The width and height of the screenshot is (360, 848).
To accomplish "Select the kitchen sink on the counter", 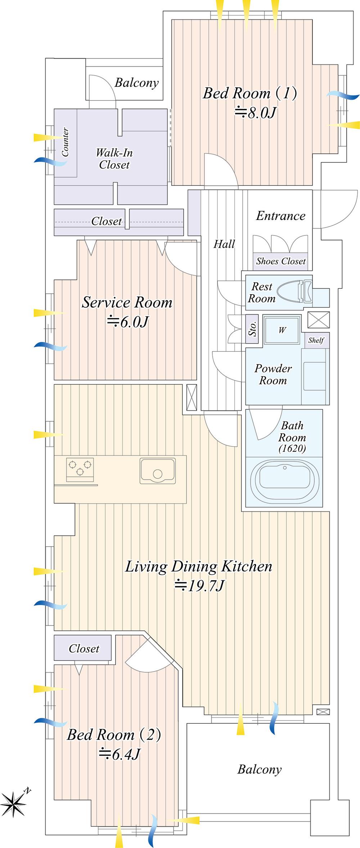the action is (x=158, y=471).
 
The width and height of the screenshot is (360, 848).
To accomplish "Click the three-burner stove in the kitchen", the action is (x=80, y=470).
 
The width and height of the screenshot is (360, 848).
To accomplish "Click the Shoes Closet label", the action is (x=281, y=261).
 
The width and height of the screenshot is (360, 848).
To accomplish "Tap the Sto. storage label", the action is (x=253, y=329).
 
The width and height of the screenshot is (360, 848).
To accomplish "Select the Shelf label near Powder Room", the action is (x=316, y=340).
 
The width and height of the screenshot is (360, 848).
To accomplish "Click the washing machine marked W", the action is (x=282, y=330).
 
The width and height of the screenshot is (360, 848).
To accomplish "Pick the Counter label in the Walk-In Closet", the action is (x=65, y=142).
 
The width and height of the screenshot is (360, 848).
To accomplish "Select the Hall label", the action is (x=224, y=244).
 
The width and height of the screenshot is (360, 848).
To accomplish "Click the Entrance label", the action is (x=281, y=216).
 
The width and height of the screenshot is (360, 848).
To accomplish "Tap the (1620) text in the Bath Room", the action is (x=292, y=449).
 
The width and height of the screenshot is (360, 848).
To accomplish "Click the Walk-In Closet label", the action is (x=114, y=159).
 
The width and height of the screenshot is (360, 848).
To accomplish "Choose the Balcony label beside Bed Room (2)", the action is (x=259, y=770).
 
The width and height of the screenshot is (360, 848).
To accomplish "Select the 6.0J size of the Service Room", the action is (x=127, y=322).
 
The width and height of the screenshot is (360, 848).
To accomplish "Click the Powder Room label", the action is (x=273, y=374).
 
